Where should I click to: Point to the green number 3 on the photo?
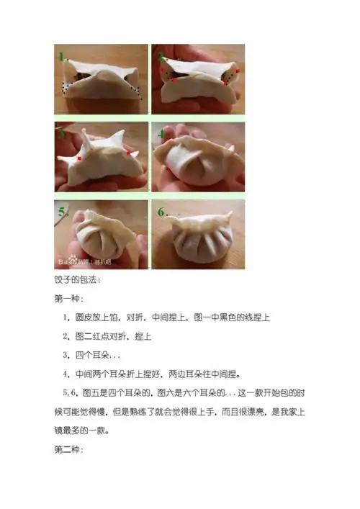[x=61, y=133]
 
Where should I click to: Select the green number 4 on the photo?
[x=161, y=134]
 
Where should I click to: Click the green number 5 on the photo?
[x=63, y=212]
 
